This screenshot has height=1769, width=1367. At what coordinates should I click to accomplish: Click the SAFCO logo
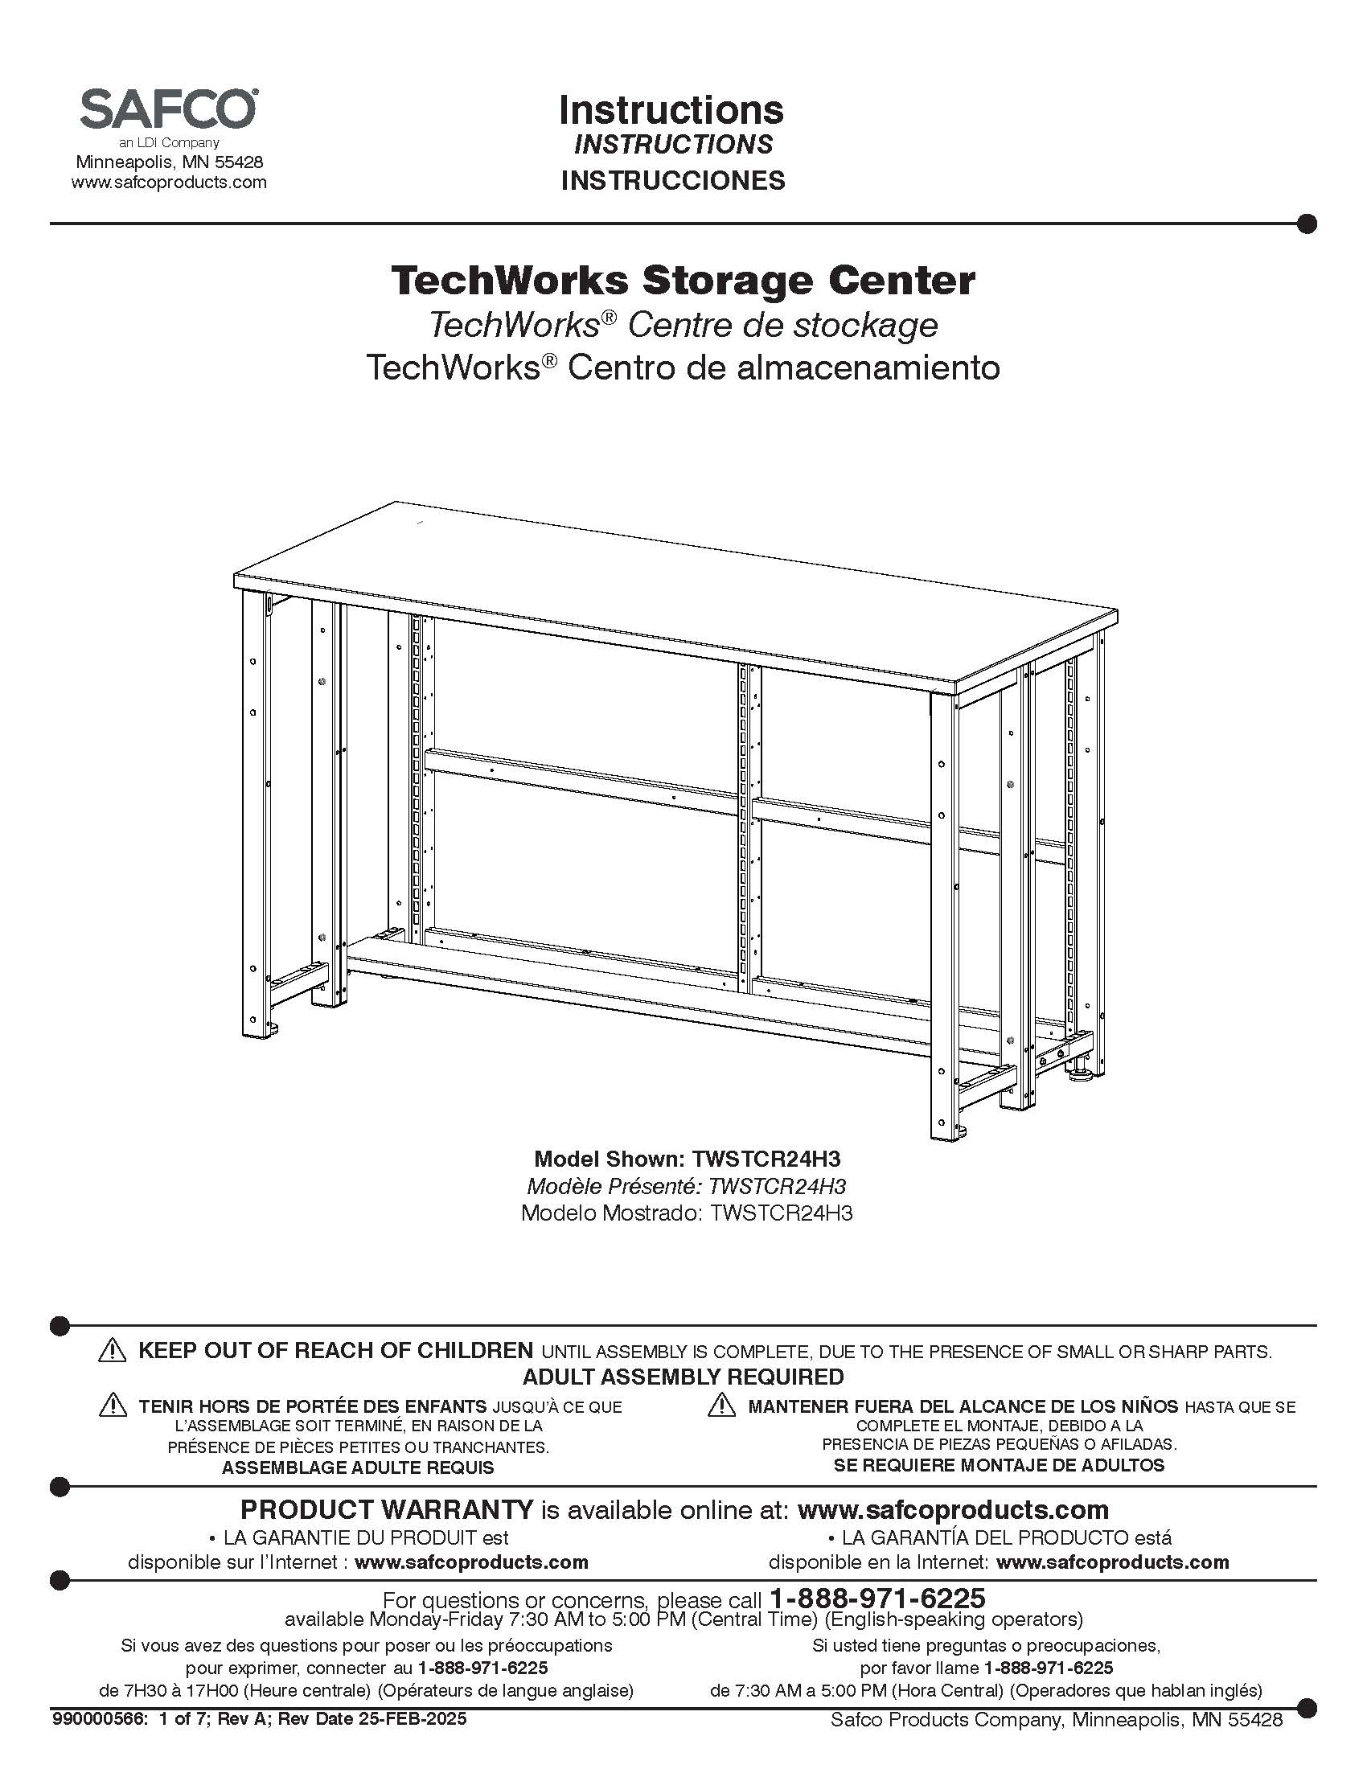coord(168,109)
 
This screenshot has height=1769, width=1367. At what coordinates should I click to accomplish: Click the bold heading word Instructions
coord(671,110)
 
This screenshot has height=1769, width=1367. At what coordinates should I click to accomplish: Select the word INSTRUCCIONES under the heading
coord(672,180)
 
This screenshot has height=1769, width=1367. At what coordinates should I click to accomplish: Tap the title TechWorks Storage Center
coord(683,281)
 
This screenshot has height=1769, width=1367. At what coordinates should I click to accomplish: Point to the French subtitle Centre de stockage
coord(782,326)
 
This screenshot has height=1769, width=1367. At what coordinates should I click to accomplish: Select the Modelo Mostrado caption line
coord(686,1213)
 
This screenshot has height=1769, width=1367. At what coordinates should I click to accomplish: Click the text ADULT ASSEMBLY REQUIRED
coord(683,1376)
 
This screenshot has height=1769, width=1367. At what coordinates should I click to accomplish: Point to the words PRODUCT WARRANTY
coord(387,1510)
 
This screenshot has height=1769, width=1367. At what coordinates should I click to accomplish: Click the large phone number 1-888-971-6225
coord(877,1598)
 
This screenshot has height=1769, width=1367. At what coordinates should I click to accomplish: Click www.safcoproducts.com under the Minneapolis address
coord(168,183)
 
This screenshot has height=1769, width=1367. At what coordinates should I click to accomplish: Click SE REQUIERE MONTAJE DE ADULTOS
coord(999,1464)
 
